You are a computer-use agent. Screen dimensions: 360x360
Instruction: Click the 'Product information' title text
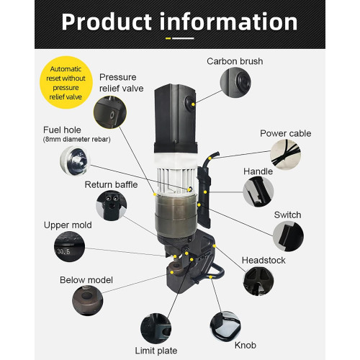click(179, 22)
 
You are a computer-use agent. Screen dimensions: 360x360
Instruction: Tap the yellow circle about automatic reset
click(66, 82)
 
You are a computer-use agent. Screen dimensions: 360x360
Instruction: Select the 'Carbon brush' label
click(235, 61)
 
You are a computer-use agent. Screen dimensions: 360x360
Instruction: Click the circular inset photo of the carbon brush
click(235, 82)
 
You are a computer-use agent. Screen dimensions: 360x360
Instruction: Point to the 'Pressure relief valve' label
click(121, 83)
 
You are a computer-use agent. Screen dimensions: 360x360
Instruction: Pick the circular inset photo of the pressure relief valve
click(110, 112)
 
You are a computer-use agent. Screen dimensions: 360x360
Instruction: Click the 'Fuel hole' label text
click(62, 130)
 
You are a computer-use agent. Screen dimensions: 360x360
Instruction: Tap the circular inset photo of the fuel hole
click(75, 161)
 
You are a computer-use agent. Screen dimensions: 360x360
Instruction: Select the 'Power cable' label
click(286, 133)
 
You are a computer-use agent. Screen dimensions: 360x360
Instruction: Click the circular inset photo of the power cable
click(285, 155)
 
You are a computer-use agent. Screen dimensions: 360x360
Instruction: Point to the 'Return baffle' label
click(111, 184)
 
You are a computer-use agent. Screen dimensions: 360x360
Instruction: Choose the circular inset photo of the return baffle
click(112, 206)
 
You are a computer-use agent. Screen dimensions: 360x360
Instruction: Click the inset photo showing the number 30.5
click(69, 246)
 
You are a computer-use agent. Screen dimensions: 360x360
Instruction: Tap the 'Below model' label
click(86, 280)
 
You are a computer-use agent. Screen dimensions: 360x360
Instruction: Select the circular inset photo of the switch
click(288, 236)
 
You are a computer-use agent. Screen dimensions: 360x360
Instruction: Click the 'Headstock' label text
click(264, 260)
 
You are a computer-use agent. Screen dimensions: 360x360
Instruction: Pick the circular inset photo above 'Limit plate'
click(156, 328)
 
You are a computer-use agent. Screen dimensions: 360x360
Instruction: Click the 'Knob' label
click(246, 345)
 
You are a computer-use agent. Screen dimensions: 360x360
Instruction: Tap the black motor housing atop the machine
click(175, 117)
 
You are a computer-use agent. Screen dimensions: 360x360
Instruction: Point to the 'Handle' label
click(258, 171)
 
